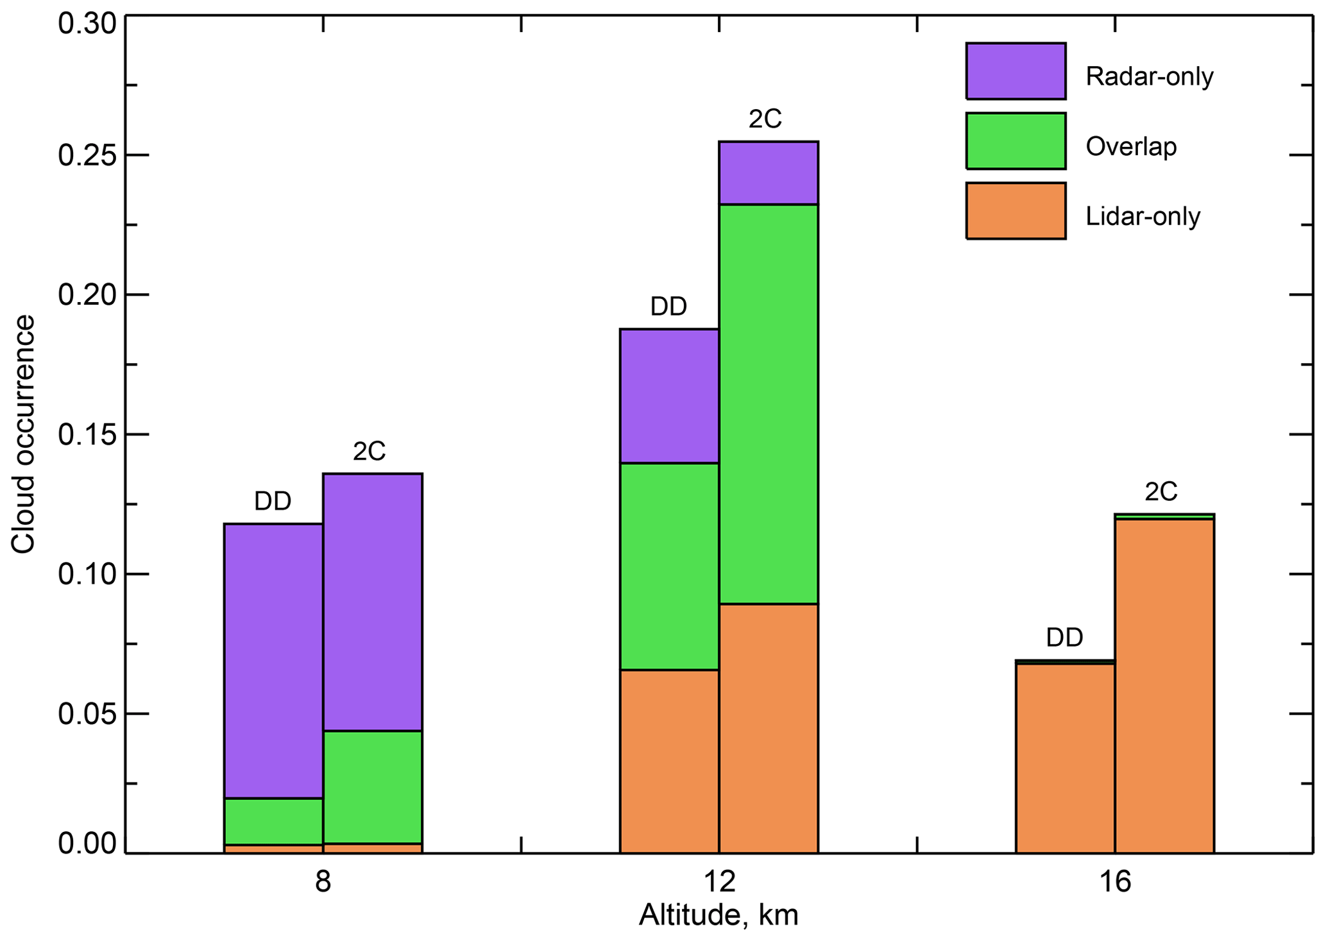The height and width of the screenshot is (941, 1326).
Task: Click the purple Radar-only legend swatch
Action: coord(1016,71)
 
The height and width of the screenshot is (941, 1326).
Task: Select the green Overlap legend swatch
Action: coord(1016,141)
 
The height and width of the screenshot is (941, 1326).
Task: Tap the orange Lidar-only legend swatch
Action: coord(1016,211)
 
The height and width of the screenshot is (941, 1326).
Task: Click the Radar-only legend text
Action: coord(1149,77)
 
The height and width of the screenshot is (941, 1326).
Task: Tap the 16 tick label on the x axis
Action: coord(1115,883)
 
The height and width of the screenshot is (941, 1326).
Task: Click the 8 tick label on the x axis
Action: coord(323,883)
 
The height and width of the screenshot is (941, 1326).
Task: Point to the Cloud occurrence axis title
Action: coord(24,434)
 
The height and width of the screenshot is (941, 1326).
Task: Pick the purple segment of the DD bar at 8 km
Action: coord(273,661)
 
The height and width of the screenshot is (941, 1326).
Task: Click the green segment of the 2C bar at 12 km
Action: coord(768,404)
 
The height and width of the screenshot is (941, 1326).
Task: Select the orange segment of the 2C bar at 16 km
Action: coord(1164,686)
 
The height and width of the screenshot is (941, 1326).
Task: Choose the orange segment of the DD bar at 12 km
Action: coord(669,761)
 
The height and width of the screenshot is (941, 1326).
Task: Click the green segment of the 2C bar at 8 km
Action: coord(372,787)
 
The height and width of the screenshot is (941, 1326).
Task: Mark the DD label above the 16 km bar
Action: coord(1064,638)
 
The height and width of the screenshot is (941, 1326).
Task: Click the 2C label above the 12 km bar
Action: coord(765,119)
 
